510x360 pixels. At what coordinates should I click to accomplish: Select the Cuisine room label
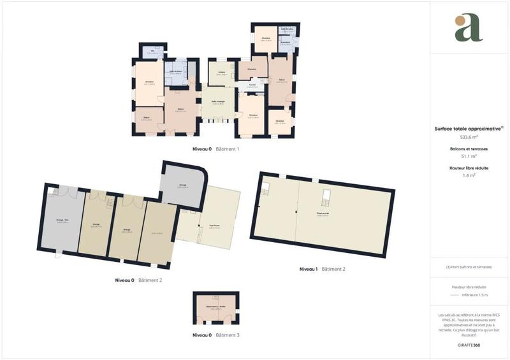[222, 73]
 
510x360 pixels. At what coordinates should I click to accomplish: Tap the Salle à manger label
[217, 101]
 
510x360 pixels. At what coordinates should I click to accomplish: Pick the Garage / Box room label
[63, 221]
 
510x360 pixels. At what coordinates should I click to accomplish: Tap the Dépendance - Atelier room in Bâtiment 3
[215, 308]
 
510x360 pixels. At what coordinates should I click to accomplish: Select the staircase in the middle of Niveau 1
[326, 198]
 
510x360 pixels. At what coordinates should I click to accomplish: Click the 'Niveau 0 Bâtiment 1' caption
[215, 149]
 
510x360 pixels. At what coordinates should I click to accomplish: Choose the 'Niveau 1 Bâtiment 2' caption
[322, 270]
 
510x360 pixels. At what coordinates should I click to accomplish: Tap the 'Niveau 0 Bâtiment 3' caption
[215, 335]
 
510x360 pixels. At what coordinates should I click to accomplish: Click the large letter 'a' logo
[469, 28]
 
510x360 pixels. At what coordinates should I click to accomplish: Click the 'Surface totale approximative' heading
[469, 128]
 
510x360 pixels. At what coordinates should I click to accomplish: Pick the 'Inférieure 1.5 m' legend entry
[475, 295]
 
